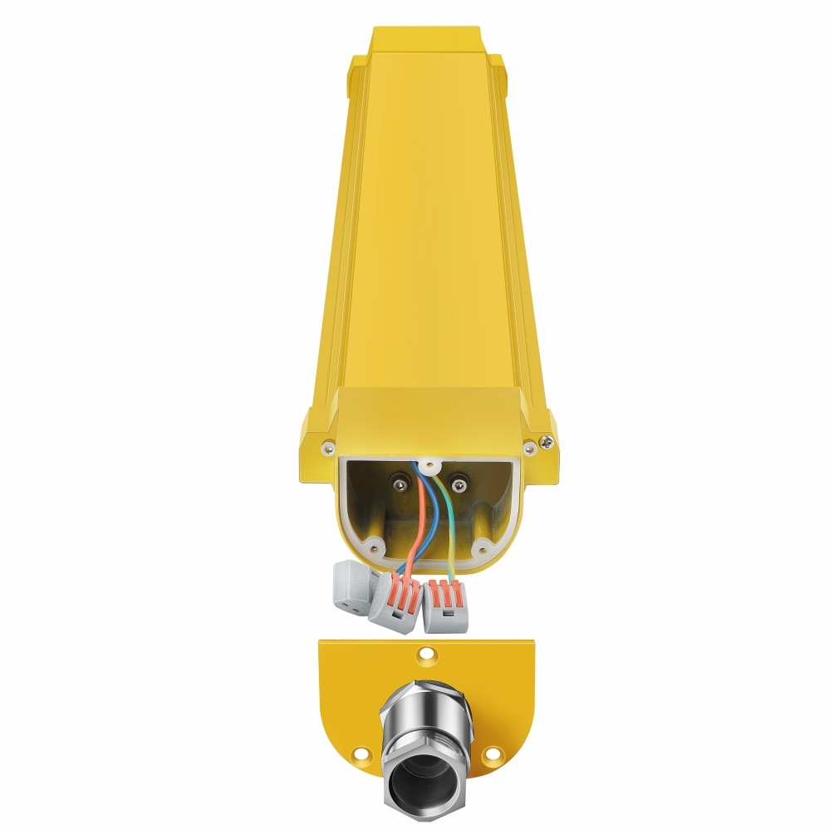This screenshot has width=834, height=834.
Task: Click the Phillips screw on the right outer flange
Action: tap(547, 444)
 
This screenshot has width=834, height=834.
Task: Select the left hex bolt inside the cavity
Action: tap(401, 484)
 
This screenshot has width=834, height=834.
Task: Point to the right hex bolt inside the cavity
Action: tap(457, 483)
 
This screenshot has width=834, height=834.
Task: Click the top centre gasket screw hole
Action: tap(429, 466)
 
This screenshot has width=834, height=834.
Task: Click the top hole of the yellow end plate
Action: tap(426, 655)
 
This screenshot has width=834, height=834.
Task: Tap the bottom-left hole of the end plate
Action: tap(360, 755)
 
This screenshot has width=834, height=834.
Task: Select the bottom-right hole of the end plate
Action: tap(493, 754)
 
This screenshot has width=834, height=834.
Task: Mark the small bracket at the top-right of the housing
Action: tap(497, 66)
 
